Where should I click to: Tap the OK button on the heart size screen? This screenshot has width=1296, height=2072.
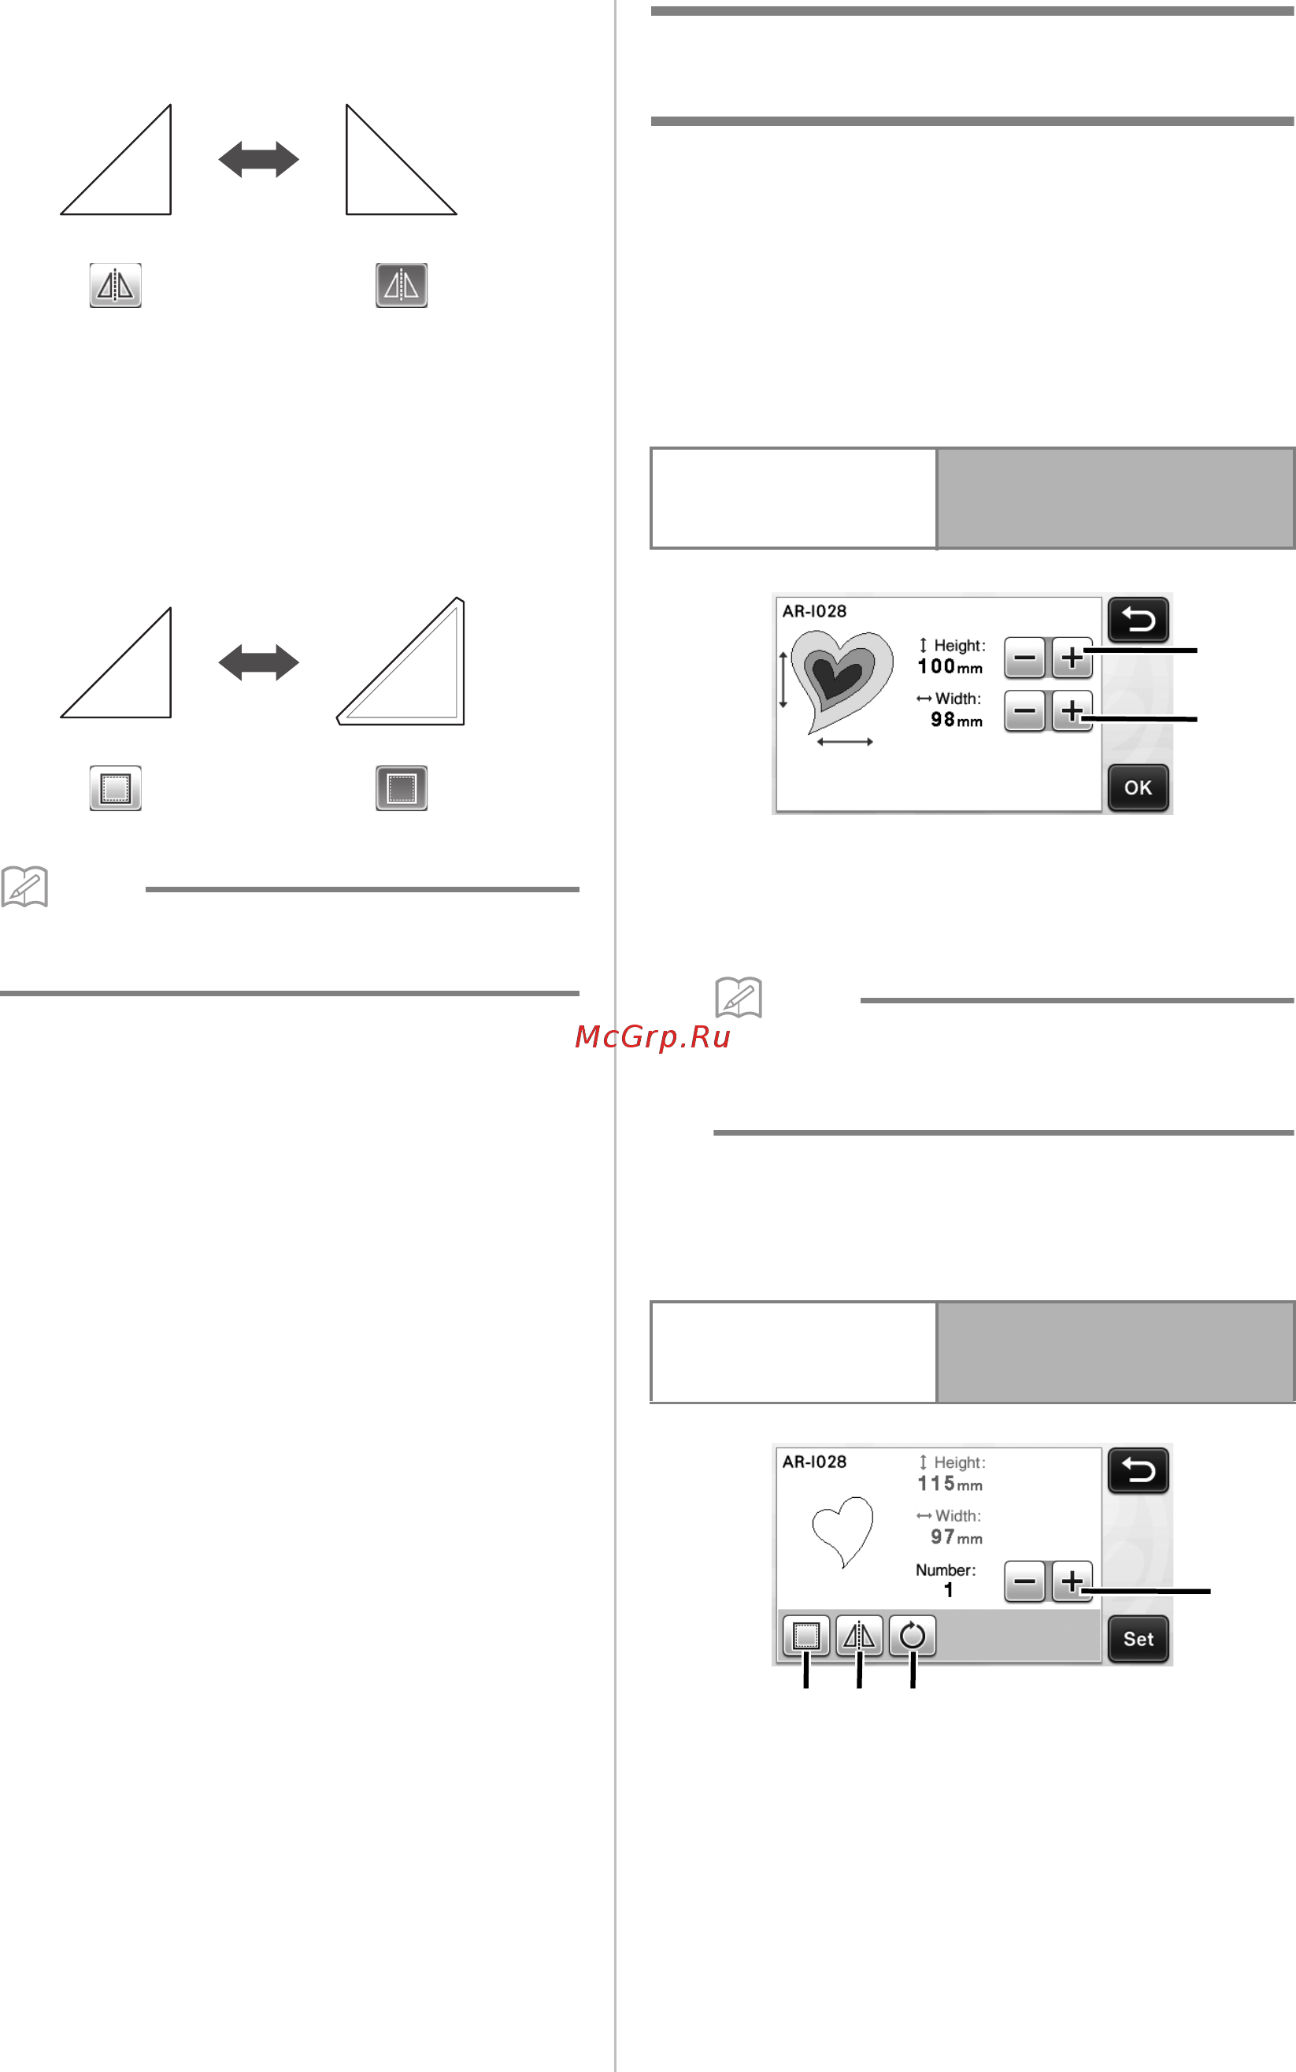pos(1138,787)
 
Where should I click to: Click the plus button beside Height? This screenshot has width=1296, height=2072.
pos(1072,658)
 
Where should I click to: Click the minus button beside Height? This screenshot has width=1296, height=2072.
pos(1024,658)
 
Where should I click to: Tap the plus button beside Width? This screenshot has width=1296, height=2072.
pos(1072,710)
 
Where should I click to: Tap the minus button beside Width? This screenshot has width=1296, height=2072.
pos(1024,710)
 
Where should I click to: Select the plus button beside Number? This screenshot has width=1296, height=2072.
pos(1072,1581)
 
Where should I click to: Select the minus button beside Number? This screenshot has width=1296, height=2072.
pos(1024,1581)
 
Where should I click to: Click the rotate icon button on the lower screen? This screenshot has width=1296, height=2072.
pos(912,1636)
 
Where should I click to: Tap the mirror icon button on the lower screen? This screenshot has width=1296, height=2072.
pos(859,1636)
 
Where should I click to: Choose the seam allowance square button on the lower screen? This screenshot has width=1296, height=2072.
pos(805,1636)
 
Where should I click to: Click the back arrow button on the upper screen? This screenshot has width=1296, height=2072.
pos(1138,619)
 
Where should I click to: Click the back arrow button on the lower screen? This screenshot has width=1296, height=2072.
pos(1138,1470)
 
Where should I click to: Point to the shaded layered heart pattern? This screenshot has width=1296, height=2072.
pos(841,679)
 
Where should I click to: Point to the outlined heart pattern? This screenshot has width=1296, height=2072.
pos(843,1531)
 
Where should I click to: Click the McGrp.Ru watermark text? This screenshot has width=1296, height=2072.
pos(652,1036)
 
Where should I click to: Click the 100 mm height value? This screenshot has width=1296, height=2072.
pos(950,666)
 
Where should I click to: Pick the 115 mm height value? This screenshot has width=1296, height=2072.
pos(950,1483)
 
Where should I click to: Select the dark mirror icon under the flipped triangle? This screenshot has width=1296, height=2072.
pos(401,284)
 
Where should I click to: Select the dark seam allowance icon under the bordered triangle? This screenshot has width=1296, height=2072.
pos(401,788)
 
